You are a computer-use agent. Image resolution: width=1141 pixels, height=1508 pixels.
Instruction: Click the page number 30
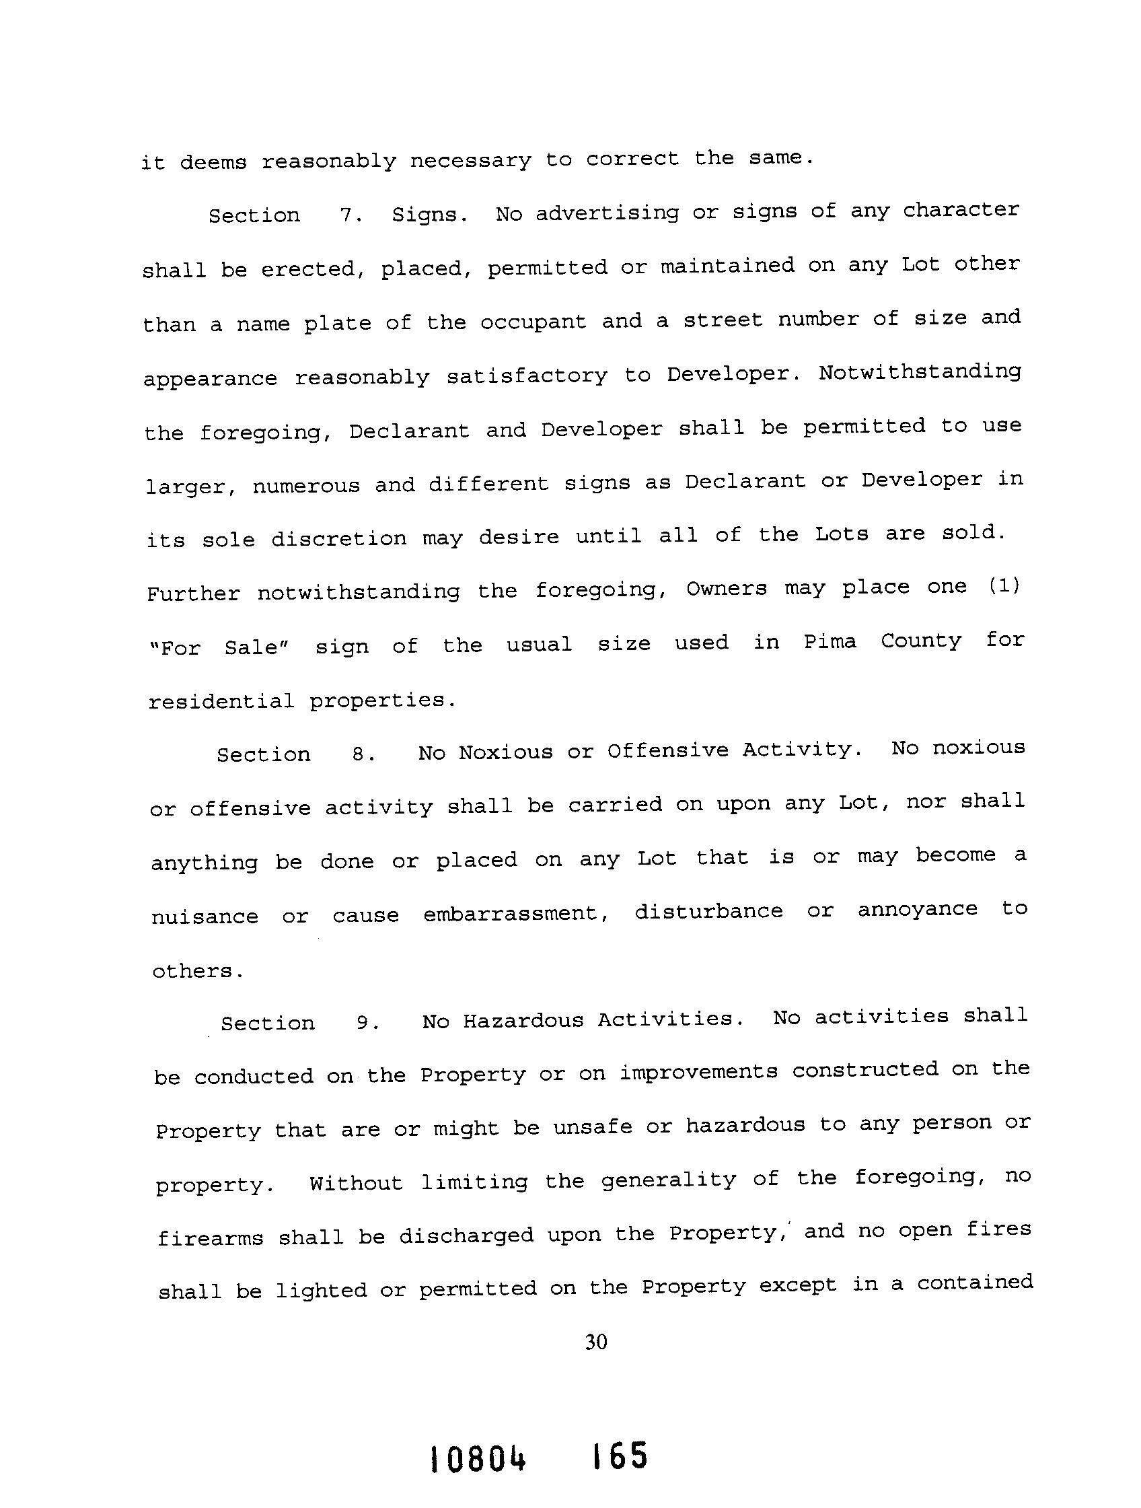[x=595, y=1342]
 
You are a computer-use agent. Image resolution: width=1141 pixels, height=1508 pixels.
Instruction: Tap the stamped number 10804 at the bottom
[x=478, y=1460]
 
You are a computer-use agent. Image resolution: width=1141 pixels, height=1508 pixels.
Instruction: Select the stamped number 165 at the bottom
[x=620, y=1457]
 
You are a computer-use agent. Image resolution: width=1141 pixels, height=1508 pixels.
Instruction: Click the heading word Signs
[x=429, y=215]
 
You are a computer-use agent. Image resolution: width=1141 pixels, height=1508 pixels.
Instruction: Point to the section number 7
[x=351, y=215]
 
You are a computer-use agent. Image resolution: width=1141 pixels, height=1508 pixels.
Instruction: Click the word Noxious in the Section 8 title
[x=505, y=752]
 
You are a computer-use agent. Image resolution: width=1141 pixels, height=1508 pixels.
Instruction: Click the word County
[x=921, y=641]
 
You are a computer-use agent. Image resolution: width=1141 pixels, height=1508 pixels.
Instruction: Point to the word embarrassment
[x=516, y=914]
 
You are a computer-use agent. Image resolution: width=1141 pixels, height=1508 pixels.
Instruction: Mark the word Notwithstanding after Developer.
[x=920, y=372]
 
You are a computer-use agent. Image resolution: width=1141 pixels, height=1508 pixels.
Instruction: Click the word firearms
[x=210, y=1237]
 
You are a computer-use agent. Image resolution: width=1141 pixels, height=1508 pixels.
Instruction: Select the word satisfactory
[x=526, y=375]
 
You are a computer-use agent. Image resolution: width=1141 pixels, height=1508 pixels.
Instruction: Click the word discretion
[x=338, y=538]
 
